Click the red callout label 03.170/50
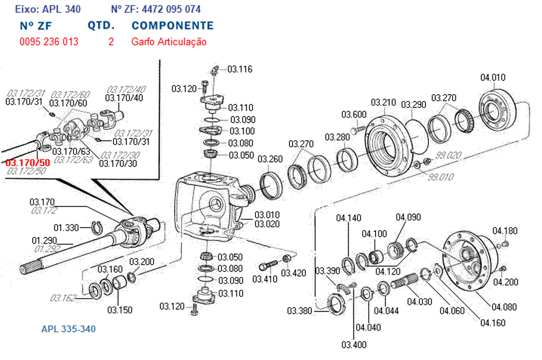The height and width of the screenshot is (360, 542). [28, 163]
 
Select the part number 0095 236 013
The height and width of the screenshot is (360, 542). [49, 42]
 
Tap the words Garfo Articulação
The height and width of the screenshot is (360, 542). [169, 42]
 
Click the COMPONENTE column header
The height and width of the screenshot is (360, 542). [172, 26]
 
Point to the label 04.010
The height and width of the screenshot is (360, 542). [493, 77]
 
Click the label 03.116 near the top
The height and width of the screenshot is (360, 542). [240, 69]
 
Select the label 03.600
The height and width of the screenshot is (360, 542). [353, 115]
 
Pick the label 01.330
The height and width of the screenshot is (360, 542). [67, 228]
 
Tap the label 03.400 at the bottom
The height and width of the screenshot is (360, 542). [353, 345]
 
